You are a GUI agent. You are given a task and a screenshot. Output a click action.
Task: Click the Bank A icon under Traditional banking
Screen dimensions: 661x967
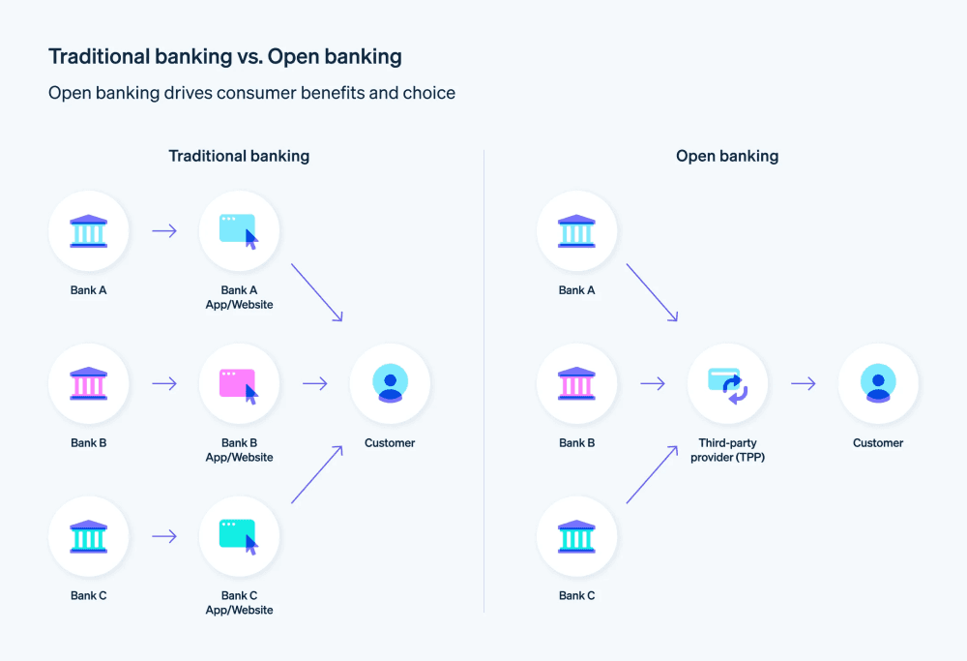(x=88, y=231)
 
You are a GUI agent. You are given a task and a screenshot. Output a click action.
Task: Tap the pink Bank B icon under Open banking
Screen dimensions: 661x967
(x=576, y=383)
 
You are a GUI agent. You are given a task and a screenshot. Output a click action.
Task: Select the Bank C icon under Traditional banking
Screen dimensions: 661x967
(x=88, y=536)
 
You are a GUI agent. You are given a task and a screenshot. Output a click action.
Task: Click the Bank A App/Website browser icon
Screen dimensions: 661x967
(x=239, y=231)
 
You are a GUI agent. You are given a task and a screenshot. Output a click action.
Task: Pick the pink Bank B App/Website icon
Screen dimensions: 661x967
(x=239, y=383)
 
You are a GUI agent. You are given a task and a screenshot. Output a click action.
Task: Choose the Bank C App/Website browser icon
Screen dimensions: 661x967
(x=239, y=536)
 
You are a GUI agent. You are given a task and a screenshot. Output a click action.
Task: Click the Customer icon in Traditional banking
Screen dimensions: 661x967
(x=390, y=383)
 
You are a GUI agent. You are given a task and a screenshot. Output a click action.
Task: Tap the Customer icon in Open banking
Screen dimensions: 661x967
(x=878, y=383)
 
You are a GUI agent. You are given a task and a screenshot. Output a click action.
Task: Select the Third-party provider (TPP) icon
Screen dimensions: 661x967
(x=727, y=383)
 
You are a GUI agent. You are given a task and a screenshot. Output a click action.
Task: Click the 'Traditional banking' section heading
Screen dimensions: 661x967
(x=239, y=156)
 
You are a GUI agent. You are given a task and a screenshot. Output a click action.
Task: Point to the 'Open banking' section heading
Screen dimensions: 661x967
(x=727, y=156)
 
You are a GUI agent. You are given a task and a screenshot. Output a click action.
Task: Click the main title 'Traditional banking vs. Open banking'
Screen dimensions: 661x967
(x=224, y=57)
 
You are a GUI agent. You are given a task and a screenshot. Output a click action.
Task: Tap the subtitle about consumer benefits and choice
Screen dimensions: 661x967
(x=251, y=94)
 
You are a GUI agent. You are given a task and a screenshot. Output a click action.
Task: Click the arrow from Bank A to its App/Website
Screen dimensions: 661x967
(x=164, y=231)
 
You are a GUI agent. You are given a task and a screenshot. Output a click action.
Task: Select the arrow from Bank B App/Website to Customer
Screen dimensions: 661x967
(x=315, y=383)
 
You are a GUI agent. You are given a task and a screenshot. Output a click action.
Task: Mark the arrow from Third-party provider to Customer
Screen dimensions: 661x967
(x=803, y=383)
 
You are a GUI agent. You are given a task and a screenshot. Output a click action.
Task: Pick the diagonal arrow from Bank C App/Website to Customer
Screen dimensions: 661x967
(x=317, y=474)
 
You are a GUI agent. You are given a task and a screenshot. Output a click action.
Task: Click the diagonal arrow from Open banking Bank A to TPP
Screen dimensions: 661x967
(x=652, y=292)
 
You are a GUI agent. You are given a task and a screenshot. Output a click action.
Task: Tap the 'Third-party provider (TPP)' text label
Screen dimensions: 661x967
(x=727, y=450)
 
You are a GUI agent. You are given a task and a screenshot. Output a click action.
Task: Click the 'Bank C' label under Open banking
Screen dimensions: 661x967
(x=576, y=595)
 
